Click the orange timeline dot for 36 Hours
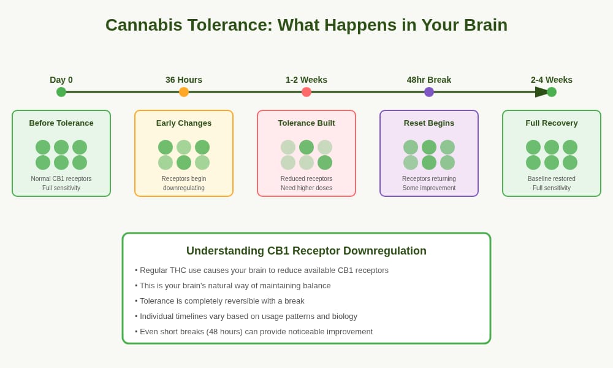pos(184,92)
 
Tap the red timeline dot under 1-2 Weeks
pos(306,92)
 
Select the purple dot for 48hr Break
pos(429,92)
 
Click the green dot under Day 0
pos(61,92)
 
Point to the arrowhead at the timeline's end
pos(541,92)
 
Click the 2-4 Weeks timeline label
pos(551,80)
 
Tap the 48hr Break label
pos(429,80)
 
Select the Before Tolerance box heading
pos(61,123)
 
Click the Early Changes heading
pos(184,123)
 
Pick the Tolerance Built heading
pos(306,123)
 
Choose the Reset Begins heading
pos(429,123)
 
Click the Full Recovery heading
pos(551,123)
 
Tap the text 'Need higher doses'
pos(306,188)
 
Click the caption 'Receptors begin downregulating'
pos(184,183)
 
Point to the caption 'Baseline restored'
pos(551,178)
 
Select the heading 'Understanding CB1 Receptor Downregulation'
pos(306,251)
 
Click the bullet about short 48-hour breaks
pos(254,332)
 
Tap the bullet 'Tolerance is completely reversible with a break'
pos(219,301)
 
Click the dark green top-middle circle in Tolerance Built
pos(306,147)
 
